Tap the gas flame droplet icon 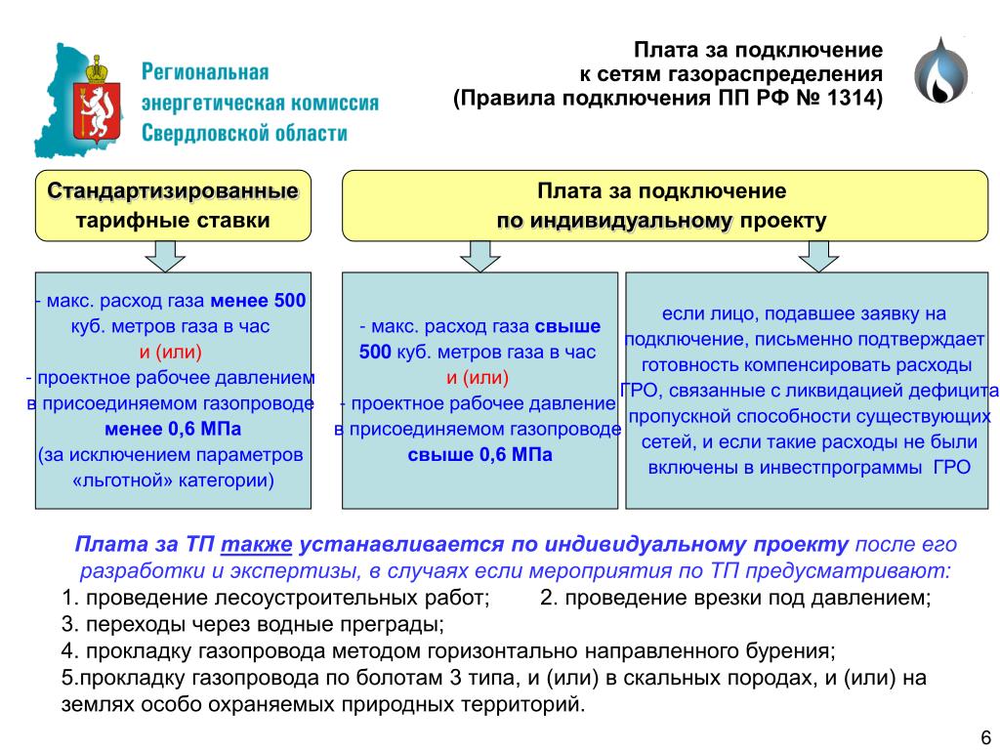[x=940, y=70]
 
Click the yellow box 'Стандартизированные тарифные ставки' [x=173, y=205]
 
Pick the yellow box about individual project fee [x=664, y=205]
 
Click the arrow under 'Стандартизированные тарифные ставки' [x=164, y=257]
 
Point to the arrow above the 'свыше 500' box [x=479, y=257]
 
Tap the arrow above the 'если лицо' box [x=818, y=257]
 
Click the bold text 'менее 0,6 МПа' [x=173, y=430]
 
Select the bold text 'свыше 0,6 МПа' [x=479, y=455]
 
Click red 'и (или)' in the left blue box [x=170, y=352]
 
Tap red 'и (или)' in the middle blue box [x=478, y=378]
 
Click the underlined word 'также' [x=257, y=544]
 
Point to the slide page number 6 [x=985, y=734]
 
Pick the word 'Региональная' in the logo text [x=205, y=72]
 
